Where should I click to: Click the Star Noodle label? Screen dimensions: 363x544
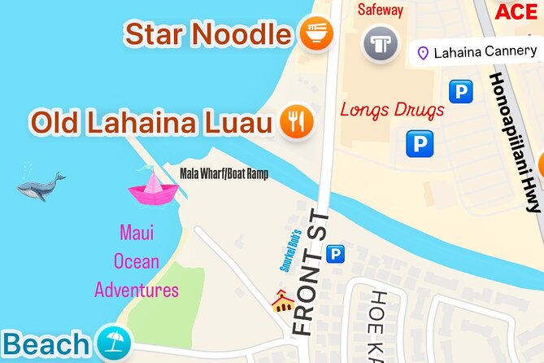point(207,35)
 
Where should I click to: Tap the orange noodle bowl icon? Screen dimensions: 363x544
point(316,35)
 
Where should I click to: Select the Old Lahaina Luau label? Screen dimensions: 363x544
point(150,123)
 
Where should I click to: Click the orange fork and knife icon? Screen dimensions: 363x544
point(296,122)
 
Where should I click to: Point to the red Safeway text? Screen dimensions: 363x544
point(381,11)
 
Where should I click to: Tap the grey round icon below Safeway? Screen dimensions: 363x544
point(380,42)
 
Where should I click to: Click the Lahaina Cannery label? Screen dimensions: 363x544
point(485,53)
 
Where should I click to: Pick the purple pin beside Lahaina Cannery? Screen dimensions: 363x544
point(423,54)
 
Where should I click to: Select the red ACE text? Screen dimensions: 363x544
point(516,11)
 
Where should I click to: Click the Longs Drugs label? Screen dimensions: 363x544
point(392,109)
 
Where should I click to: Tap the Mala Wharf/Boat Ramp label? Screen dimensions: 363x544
point(224,173)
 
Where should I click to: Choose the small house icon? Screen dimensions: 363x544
point(282,302)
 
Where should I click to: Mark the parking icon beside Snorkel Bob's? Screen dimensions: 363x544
point(334,256)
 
